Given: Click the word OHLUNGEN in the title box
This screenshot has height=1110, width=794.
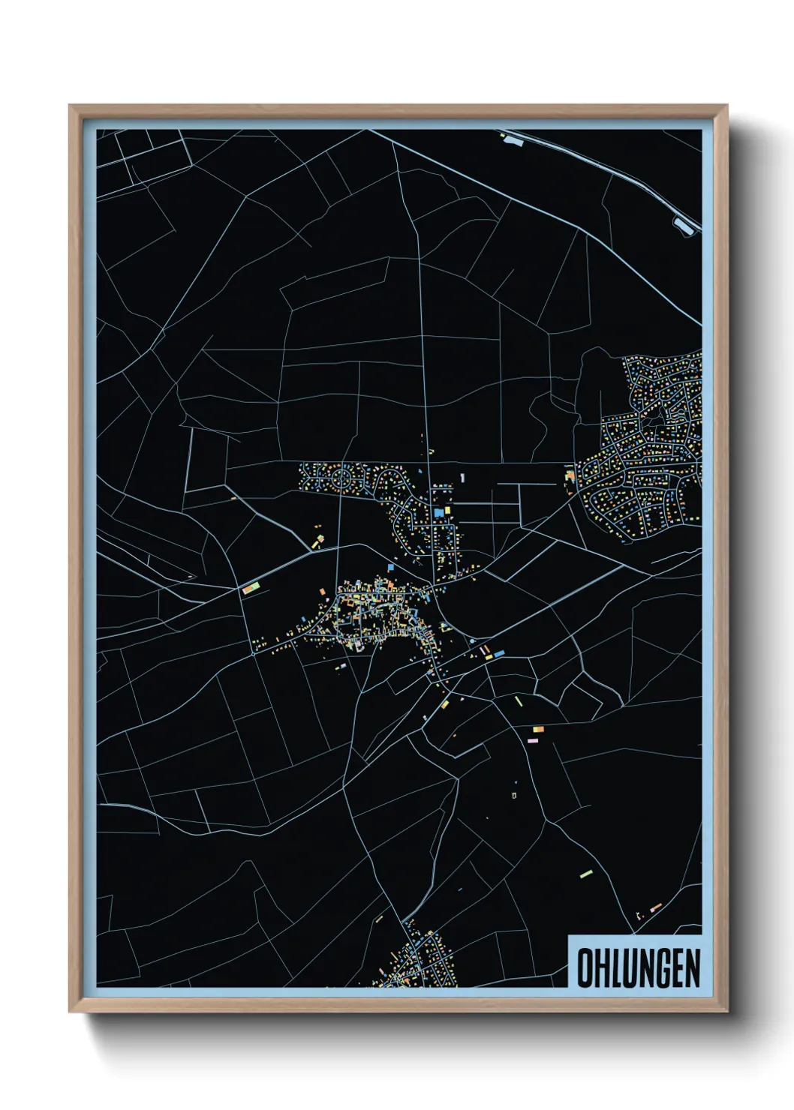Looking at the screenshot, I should click(638, 967).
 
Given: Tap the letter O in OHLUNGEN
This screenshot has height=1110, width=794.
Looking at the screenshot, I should click(585, 967).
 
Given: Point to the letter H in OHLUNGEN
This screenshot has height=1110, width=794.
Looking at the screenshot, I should click(600, 967).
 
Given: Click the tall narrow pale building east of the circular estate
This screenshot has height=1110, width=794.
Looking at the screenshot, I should click(462, 477).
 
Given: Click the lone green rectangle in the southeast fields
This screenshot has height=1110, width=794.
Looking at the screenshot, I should click(586, 874).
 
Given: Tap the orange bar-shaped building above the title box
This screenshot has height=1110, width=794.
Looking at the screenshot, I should click(655, 908).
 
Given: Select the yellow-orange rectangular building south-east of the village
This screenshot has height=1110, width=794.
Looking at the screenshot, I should click(537, 728).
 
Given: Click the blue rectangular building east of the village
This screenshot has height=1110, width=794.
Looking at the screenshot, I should click(499, 654).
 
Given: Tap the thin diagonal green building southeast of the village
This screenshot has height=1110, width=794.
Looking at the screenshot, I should click(518, 700).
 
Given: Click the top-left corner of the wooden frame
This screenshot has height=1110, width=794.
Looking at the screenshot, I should click(70, 106).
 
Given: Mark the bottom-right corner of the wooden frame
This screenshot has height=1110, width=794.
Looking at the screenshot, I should click(727, 1012).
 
